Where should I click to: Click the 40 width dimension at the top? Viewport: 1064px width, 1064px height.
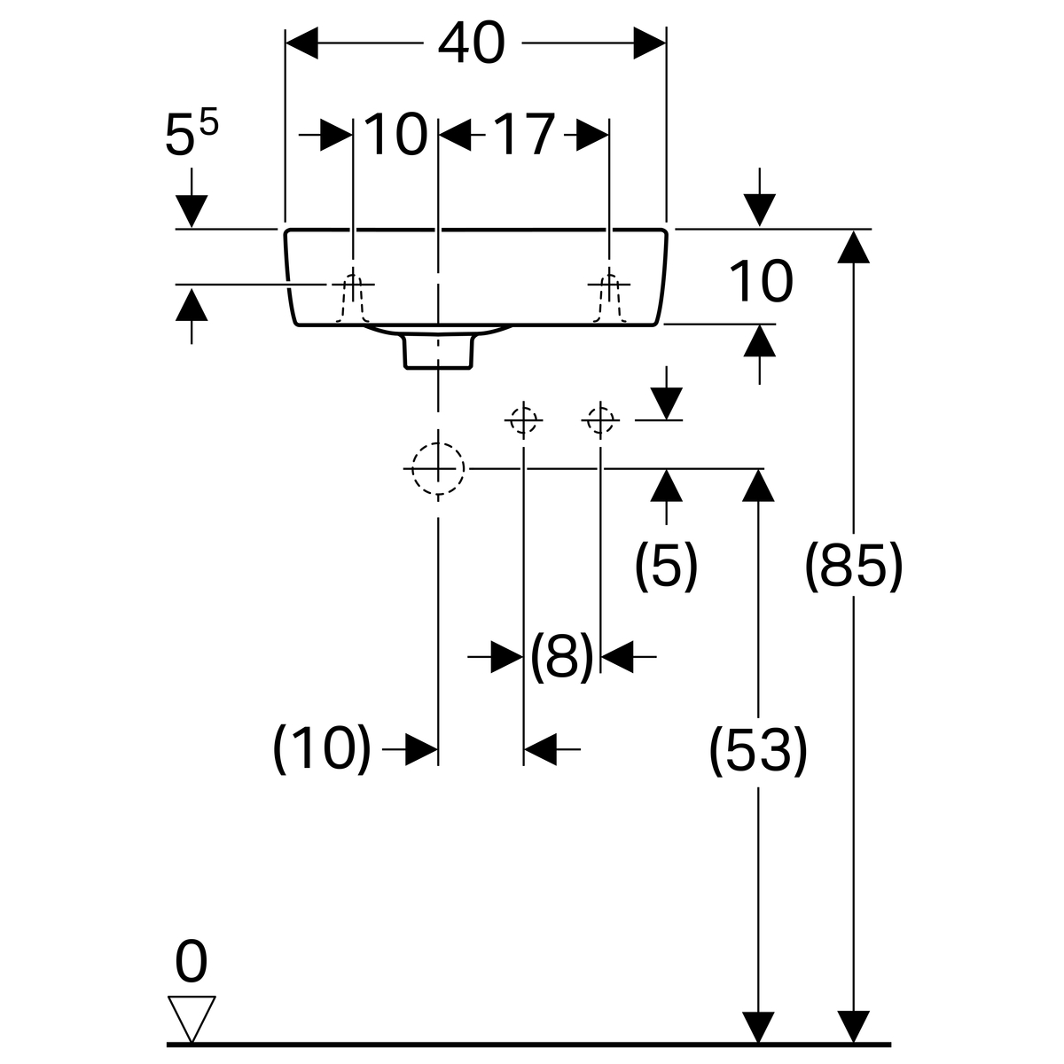pos(471,43)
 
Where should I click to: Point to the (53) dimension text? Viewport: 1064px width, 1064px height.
pos(758,750)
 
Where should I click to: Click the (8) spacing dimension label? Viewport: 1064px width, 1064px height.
pos(561,657)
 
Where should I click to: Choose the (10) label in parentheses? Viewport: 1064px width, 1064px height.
pos(321,748)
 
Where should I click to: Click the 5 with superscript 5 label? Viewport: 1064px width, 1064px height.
pos(191,136)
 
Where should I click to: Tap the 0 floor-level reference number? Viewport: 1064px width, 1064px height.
pos(192,962)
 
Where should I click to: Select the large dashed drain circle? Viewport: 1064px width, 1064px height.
pos(437,467)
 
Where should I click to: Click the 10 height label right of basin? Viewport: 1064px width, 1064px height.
pos(760,282)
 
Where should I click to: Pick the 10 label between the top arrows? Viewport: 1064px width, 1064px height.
pos(395,136)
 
